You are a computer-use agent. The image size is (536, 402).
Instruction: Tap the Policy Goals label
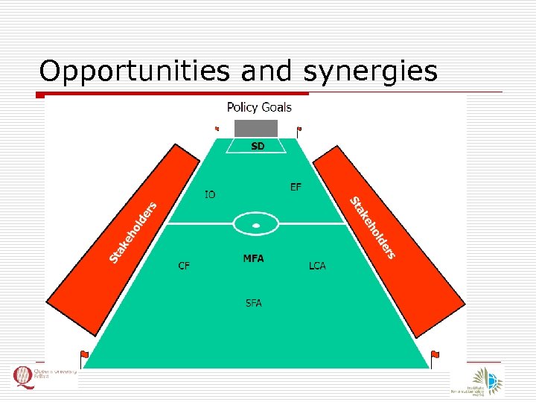coord(259,107)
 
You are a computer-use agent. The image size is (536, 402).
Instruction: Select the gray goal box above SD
coord(256,128)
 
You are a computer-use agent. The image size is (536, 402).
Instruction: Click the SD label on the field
coord(257,147)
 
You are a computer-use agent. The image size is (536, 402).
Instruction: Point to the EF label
coord(296,187)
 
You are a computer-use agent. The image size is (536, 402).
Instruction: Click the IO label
coord(211,195)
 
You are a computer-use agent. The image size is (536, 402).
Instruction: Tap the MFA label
coord(253,259)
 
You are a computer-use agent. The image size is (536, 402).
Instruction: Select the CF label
coord(183,266)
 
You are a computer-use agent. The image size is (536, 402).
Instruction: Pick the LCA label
coord(317,266)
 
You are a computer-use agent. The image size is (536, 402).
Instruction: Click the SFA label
coord(253,303)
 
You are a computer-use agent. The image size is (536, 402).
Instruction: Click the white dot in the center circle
coord(255,224)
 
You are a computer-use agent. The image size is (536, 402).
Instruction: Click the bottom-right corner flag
coord(435,355)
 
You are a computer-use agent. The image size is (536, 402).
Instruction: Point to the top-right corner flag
coord(299,130)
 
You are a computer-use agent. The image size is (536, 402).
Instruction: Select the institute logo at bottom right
coord(476,380)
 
